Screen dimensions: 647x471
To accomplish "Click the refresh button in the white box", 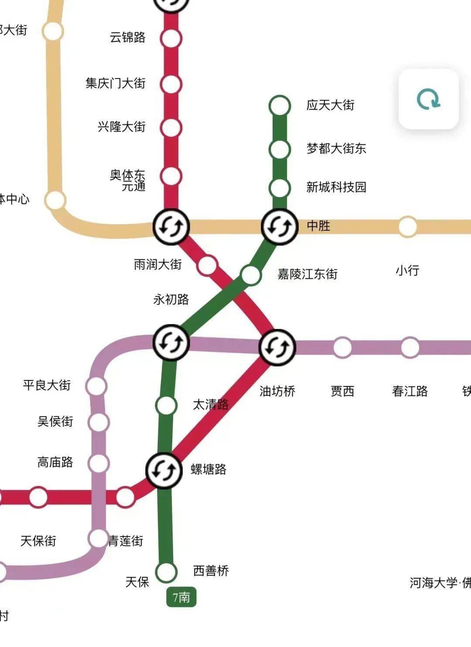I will tap(428, 99).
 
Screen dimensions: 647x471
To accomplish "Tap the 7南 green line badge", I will tap(181, 597).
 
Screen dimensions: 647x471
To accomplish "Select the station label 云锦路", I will tap(127, 38).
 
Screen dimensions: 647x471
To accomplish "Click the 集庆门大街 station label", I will tap(116, 83).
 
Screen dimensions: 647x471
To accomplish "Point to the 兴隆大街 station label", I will tap(121, 127).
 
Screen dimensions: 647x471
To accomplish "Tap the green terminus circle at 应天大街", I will tap(280, 106).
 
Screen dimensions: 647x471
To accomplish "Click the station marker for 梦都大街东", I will tap(280, 149).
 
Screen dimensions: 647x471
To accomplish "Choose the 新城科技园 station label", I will tap(336, 187).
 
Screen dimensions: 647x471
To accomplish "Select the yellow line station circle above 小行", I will tap(408, 227).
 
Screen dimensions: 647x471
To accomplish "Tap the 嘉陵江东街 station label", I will tap(308, 274).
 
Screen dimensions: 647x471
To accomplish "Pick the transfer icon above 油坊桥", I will tap(277, 348).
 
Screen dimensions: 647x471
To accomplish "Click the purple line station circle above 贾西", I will tap(343, 348).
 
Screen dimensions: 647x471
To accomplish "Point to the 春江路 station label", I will tap(410, 391).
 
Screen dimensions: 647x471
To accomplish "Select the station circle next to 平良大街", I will tap(96, 386).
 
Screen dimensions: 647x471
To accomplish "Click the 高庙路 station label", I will tap(55, 462).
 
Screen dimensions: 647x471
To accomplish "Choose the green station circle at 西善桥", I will tap(167, 572).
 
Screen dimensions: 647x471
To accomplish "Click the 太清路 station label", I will tap(211, 404).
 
